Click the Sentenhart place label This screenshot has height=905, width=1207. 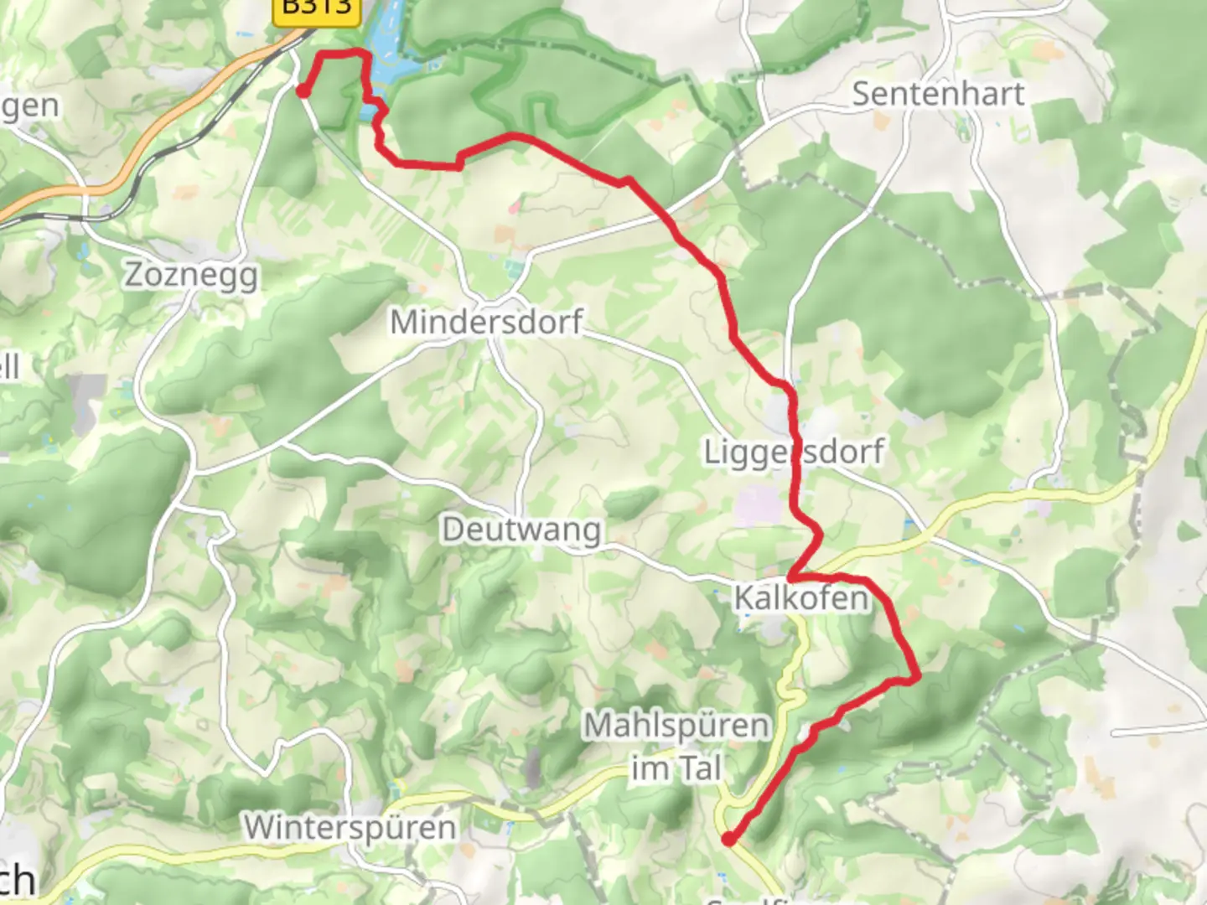938,93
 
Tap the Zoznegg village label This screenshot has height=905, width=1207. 191,275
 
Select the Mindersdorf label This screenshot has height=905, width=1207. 486,322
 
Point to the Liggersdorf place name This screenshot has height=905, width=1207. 793,451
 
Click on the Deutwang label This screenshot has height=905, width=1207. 521,530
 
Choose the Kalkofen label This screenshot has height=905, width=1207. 800,598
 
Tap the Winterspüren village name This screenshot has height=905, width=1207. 350,828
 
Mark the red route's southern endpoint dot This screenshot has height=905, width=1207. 728,839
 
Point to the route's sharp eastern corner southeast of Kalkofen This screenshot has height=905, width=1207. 917,675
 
